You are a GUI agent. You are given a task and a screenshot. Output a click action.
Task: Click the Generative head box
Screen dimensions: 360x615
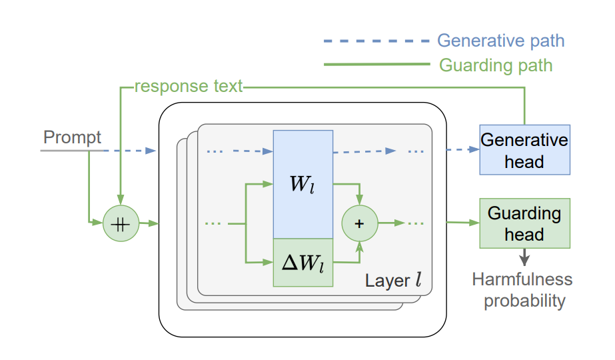click(x=524, y=150)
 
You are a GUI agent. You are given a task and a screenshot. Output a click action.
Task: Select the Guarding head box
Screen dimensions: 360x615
click(x=524, y=223)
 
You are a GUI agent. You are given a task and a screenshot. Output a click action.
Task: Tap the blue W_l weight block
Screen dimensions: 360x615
click(x=303, y=184)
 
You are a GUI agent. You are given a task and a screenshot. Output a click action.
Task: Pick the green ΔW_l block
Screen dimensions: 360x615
click(x=303, y=263)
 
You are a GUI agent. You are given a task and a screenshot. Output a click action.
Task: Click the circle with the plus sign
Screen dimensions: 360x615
click(x=359, y=223)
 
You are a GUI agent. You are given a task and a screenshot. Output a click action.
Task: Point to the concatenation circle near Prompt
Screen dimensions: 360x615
click(x=121, y=224)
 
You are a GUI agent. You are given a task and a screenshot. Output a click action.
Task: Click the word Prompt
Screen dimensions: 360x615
click(x=72, y=138)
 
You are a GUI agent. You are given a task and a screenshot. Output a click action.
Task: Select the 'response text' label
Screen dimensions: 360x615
click(x=189, y=87)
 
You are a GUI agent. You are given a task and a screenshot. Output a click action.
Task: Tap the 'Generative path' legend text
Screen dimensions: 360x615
click(x=500, y=41)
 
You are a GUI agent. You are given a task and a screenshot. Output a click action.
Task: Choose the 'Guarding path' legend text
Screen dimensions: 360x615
click(x=496, y=65)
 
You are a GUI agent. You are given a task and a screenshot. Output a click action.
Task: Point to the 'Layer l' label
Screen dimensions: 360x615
click(x=393, y=280)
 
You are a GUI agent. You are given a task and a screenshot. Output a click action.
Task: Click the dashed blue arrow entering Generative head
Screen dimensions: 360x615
click(x=463, y=150)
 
